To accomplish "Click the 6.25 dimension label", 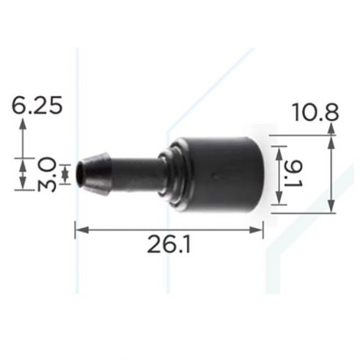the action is click(37, 105).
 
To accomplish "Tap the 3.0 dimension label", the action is click(47, 174).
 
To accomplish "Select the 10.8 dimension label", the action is click(315, 112).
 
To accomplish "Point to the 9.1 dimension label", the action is click(294, 175).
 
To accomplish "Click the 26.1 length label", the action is click(169, 243).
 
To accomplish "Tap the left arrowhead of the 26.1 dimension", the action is click(81, 229).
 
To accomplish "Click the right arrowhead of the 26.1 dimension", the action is click(256, 229).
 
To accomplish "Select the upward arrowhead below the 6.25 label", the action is click(23, 124).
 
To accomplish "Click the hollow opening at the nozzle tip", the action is click(79, 173).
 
